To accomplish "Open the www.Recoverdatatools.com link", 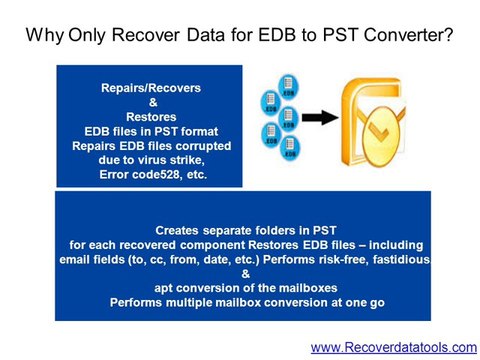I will pyautogui.click(x=394, y=346).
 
